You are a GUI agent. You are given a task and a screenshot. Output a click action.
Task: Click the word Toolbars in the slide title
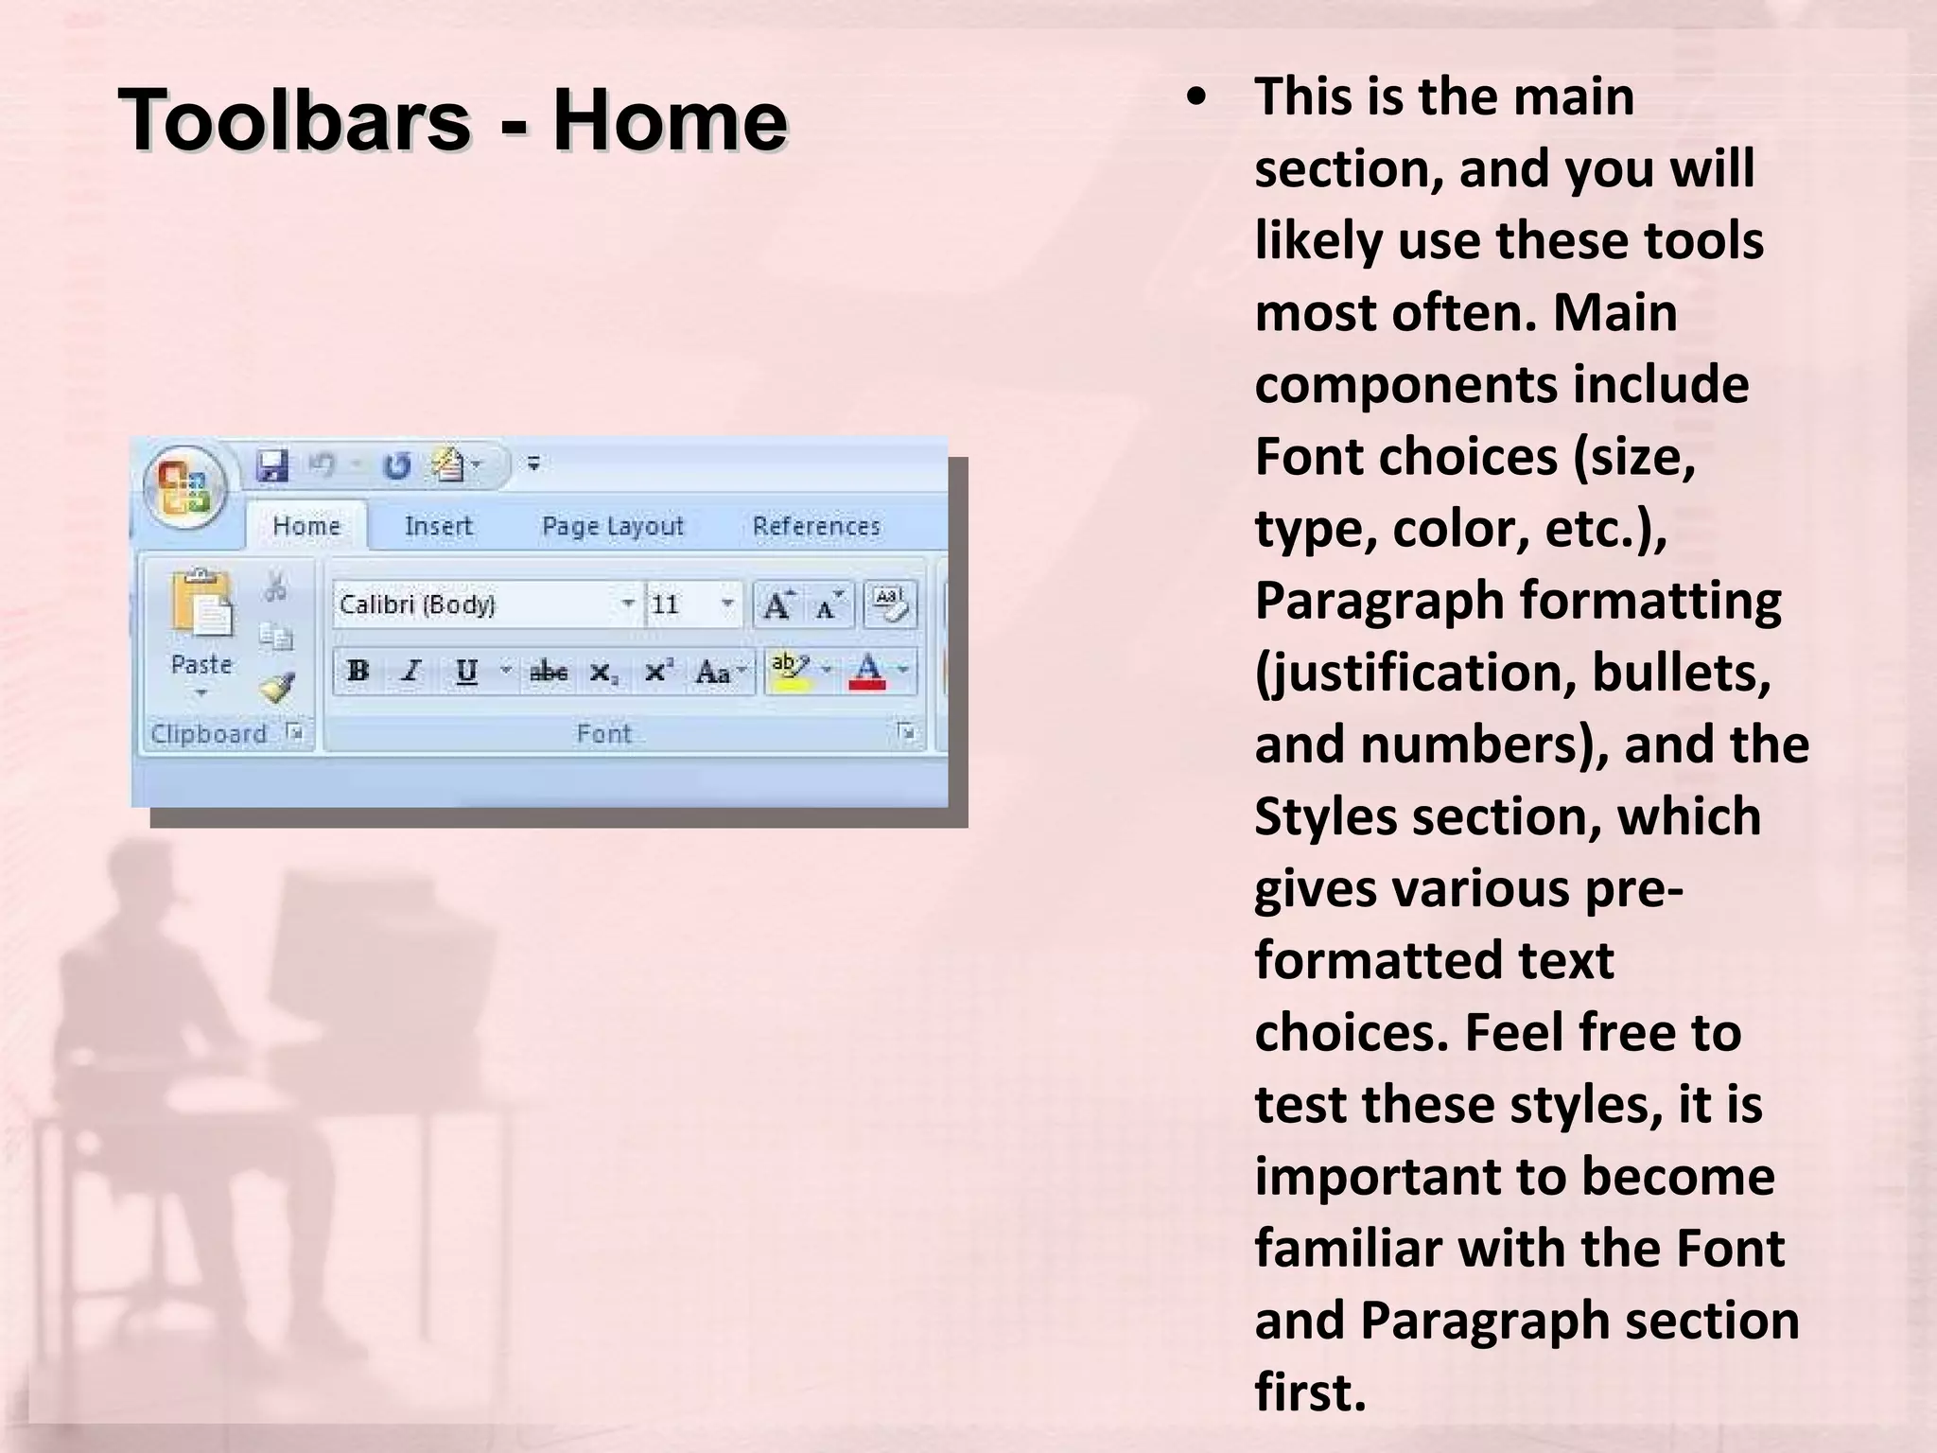click(x=294, y=121)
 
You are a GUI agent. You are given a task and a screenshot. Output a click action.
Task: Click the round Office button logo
click(x=185, y=488)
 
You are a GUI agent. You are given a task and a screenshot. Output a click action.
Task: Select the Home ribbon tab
click(x=306, y=526)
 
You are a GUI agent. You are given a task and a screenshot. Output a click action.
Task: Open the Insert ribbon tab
click(x=438, y=526)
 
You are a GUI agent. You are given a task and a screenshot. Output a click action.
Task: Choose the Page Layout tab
click(x=612, y=526)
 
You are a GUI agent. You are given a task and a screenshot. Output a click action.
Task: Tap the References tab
click(x=816, y=526)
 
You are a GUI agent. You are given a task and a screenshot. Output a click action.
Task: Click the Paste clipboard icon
click(x=201, y=605)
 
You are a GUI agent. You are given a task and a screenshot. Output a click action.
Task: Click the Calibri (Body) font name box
click(x=473, y=604)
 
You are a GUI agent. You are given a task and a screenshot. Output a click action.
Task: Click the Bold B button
click(x=358, y=672)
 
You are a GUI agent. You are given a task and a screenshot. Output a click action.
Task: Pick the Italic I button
click(x=410, y=672)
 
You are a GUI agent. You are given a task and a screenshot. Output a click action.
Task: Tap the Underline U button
click(x=466, y=672)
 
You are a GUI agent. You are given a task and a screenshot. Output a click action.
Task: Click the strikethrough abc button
click(x=549, y=673)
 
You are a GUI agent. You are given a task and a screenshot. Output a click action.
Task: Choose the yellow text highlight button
click(x=790, y=672)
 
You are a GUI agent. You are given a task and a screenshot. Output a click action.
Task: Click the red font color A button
click(x=867, y=672)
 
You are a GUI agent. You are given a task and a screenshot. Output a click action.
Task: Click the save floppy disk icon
click(x=272, y=465)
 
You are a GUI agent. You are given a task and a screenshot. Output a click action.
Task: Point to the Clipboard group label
click(x=209, y=734)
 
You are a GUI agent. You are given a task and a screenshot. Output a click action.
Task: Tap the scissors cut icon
click(x=276, y=586)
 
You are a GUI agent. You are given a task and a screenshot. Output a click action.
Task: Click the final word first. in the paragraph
click(x=1311, y=1392)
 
